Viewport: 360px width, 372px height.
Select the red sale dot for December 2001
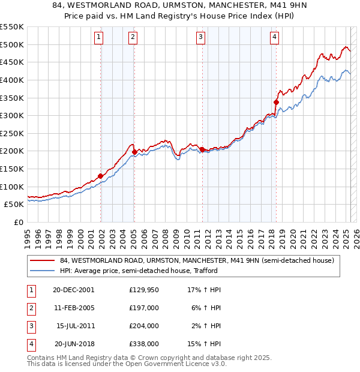(x=101, y=175)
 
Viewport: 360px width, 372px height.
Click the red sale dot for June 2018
(x=276, y=102)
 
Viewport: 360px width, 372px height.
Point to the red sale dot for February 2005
(x=134, y=152)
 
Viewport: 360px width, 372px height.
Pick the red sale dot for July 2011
(x=202, y=149)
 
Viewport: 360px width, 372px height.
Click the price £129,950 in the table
(x=144, y=289)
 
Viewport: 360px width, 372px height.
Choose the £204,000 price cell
(x=144, y=326)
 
